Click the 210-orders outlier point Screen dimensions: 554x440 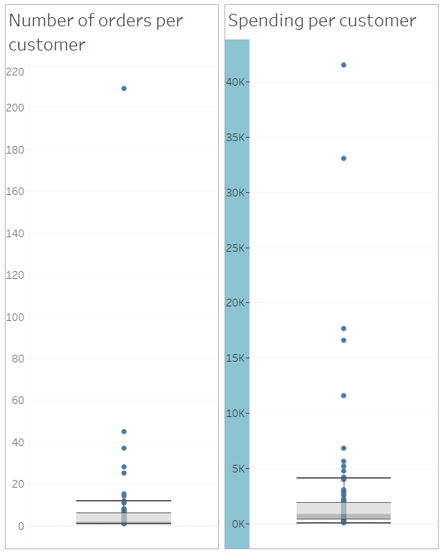point(124,89)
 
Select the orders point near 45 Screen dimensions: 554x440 point(124,432)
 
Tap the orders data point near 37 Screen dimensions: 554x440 point(124,448)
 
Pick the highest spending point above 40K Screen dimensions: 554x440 point(344,65)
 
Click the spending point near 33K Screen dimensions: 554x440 point(344,158)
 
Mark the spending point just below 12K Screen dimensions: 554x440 point(344,396)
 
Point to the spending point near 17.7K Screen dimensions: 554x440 point(344,329)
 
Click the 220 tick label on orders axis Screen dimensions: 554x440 point(15,71)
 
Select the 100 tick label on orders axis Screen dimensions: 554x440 point(15,317)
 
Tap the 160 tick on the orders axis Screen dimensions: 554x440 point(15,192)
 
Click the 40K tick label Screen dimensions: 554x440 point(236,82)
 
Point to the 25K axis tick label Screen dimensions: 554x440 point(236,248)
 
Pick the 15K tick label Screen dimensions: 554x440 point(236,358)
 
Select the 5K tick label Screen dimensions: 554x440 point(238,469)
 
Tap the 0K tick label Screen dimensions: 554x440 point(238,524)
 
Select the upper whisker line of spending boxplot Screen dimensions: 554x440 point(344,478)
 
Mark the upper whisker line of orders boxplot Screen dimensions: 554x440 point(124,500)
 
